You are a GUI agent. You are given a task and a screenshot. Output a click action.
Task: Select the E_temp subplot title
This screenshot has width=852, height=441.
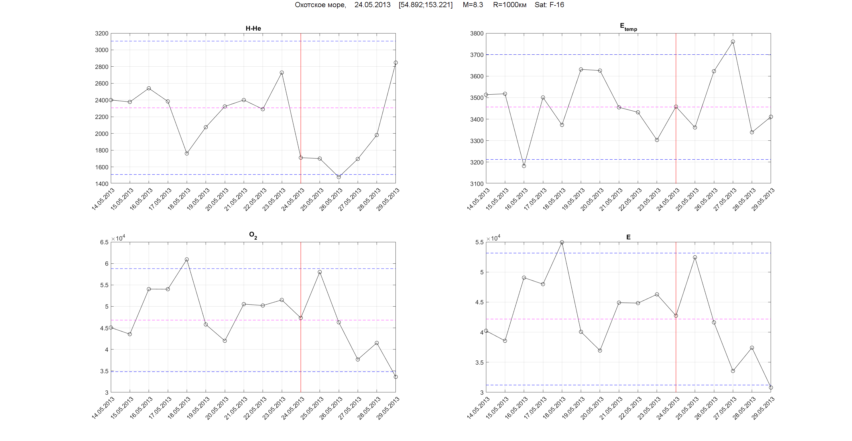click(x=628, y=27)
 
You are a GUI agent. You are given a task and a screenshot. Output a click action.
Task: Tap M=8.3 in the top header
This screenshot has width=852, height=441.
click(x=473, y=5)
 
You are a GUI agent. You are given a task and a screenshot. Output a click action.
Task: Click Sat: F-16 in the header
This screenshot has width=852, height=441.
click(x=549, y=5)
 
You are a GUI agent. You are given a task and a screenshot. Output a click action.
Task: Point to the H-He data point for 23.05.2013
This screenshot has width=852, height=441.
click(x=282, y=73)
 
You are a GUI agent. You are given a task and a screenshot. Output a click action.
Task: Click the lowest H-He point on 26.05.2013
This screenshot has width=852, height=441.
click(x=339, y=177)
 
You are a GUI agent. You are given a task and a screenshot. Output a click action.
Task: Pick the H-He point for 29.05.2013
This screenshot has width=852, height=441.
click(x=395, y=63)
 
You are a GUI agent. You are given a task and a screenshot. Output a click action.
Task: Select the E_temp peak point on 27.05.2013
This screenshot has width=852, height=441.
click(x=733, y=42)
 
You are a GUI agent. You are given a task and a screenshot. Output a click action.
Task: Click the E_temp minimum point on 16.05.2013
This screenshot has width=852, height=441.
click(x=524, y=166)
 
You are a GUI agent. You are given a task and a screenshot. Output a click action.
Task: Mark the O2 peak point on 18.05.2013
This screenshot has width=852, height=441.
click(x=187, y=260)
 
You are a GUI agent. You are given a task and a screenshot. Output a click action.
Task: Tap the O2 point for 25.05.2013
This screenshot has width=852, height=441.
click(x=320, y=272)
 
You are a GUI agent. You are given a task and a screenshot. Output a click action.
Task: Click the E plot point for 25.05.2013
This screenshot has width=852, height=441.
click(x=695, y=257)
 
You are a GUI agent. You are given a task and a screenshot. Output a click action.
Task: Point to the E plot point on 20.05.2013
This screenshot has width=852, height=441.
click(x=600, y=351)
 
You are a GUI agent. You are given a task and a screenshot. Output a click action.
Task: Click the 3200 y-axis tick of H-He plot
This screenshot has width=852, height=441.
click(x=102, y=33)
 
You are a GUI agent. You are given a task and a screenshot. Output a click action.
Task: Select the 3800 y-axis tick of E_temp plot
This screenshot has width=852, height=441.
click(x=477, y=33)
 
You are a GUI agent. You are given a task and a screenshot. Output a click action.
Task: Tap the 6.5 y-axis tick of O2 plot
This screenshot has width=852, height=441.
click(x=104, y=242)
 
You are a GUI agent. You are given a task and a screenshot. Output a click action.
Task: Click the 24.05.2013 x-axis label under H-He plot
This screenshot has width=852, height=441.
click(x=293, y=199)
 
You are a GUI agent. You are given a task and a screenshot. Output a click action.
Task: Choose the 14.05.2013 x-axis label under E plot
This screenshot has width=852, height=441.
click(x=478, y=408)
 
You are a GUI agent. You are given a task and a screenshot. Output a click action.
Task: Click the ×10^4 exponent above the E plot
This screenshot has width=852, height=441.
click(x=493, y=238)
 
